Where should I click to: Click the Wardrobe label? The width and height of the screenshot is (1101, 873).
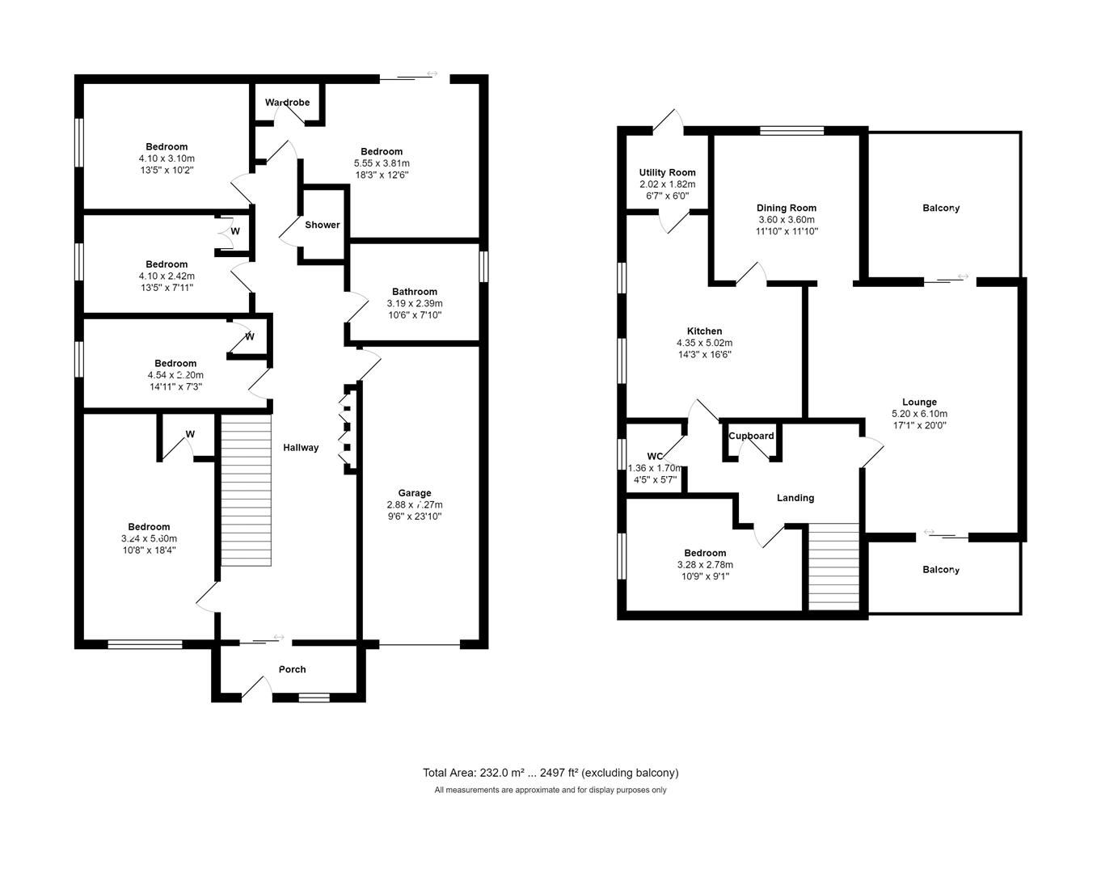(288, 103)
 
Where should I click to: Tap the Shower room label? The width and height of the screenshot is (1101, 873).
(322, 225)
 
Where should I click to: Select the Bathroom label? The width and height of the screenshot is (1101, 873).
(414, 292)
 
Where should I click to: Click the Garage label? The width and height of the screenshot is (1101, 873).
(414, 493)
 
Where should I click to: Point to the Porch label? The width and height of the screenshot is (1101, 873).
(292, 669)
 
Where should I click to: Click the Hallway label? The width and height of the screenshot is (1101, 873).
(301, 448)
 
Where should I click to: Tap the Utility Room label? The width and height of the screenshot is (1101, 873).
(667, 172)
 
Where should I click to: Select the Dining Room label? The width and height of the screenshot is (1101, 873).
(786, 208)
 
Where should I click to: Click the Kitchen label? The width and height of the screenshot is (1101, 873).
(704, 331)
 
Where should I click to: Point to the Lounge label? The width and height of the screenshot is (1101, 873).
(919, 402)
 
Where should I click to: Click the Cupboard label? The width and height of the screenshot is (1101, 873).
(751, 436)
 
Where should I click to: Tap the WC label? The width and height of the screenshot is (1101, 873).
(655, 456)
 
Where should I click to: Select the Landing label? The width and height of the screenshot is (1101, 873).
(795, 498)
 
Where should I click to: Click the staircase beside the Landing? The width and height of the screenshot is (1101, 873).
(833, 566)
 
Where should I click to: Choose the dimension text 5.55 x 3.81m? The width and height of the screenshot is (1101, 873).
(382, 163)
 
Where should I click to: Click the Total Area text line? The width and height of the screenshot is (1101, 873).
(550, 773)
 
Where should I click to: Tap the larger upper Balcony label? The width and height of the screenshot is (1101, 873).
(941, 209)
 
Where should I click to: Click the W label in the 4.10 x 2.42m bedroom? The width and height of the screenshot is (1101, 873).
(235, 231)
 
